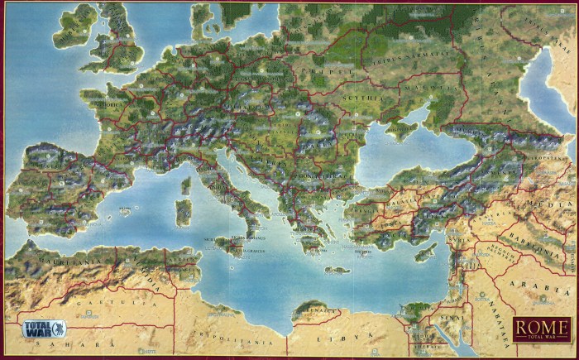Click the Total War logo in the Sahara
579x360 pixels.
[44, 327]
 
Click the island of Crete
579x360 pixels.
[337, 270]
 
